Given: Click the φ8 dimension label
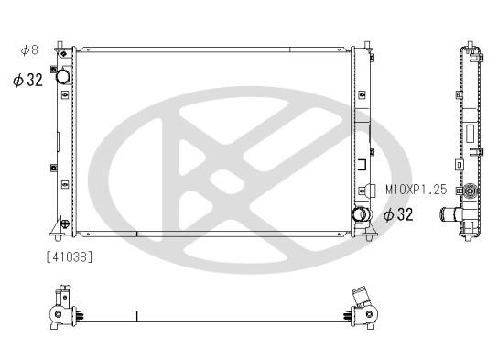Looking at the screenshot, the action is (x=29, y=49).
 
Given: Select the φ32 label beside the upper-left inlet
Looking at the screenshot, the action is (x=27, y=80).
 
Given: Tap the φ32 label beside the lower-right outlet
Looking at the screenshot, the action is (x=398, y=214).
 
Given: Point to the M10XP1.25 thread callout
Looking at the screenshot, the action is (x=416, y=190).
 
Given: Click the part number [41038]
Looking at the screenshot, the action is (x=70, y=256).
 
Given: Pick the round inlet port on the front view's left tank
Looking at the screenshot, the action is (x=62, y=76).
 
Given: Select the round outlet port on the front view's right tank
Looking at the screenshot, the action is (x=361, y=214).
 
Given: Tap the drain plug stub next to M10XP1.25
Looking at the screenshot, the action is (x=371, y=190).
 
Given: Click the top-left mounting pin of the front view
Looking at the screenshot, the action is (x=60, y=45).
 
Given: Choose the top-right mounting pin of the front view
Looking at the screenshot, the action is (x=367, y=45).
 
